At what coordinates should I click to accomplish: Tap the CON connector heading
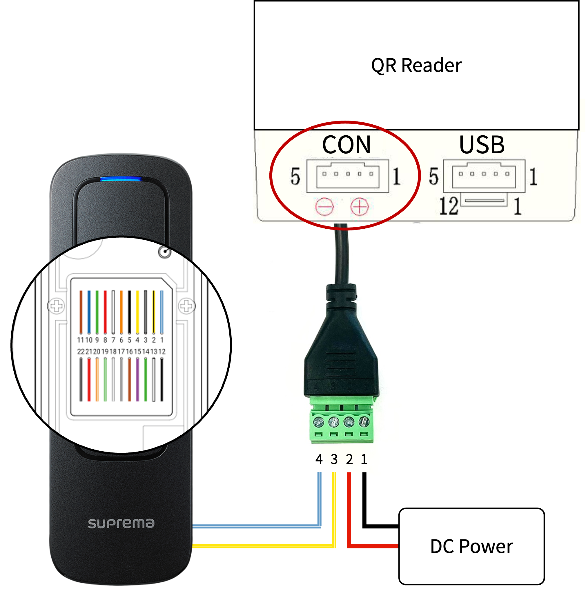[346, 145]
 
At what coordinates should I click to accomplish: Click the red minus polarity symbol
[324, 207]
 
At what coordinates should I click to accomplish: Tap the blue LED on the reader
[120, 179]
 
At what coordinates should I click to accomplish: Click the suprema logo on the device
[121, 523]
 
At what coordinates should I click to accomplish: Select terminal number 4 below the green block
[319, 459]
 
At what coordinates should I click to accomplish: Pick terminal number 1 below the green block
[364, 459]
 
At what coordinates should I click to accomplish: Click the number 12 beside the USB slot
[448, 206]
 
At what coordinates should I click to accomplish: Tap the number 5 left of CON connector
[295, 177]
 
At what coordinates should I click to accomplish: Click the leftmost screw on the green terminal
[318, 422]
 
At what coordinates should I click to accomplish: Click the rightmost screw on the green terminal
[364, 422]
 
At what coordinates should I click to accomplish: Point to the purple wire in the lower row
[137, 379]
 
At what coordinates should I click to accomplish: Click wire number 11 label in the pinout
[80, 340]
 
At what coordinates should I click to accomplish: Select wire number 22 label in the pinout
[81, 352]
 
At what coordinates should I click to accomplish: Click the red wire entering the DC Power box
[374, 546]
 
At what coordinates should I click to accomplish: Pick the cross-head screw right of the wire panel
[186, 306]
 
